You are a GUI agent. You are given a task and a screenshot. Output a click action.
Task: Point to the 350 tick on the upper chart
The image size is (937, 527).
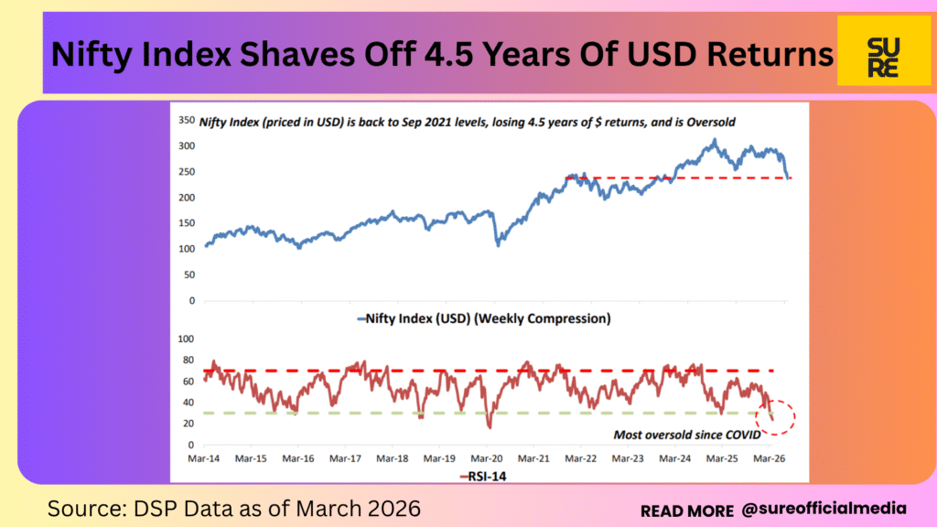[186, 120]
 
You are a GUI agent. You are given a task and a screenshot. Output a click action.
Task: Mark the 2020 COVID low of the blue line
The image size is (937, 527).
[499, 244]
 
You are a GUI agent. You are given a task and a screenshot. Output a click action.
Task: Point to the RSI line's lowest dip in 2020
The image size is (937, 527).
[490, 426]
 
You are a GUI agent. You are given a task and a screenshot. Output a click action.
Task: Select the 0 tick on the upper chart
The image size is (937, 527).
[191, 301]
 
